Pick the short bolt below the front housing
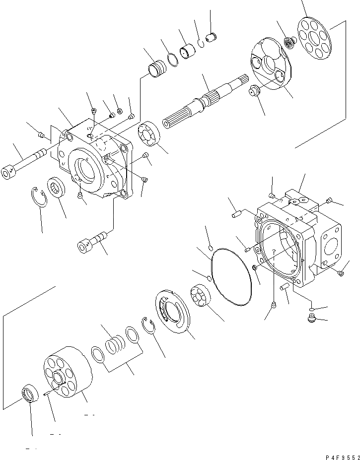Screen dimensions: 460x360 pos(92,242)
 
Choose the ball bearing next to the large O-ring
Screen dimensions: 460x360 pos(201,296)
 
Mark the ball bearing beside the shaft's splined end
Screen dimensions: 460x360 pos(148,134)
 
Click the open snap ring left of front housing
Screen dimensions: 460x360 pos(37,197)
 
